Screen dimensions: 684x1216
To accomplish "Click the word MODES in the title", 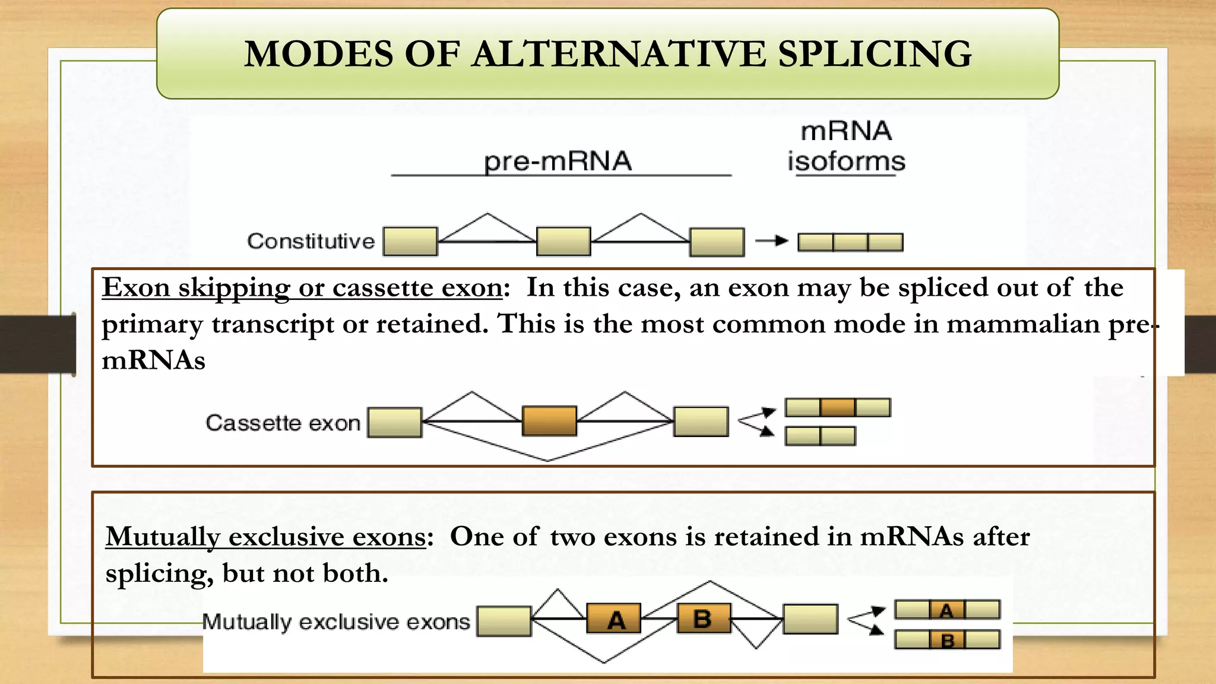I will tap(318, 54).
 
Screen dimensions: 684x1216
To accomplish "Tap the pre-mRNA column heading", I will tap(558, 161).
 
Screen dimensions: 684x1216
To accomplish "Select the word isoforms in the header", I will tap(846, 161).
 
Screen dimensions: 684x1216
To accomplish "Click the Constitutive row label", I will tap(311, 241).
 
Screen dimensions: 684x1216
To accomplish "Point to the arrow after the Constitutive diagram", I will tap(771, 240).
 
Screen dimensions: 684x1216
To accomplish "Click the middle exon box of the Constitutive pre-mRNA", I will tap(563, 241).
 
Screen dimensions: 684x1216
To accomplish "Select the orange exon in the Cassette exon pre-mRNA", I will tap(549, 421).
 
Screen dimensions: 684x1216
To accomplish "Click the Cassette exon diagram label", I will tap(283, 423).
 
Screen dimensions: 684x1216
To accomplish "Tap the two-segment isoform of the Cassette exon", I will tap(820, 436).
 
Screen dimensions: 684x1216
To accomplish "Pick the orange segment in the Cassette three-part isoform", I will tap(837, 407).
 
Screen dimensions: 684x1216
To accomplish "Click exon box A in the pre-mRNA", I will tap(614, 619).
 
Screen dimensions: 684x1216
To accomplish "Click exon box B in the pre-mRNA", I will tap(704, 619).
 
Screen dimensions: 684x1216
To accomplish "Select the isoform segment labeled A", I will tap(947, 610).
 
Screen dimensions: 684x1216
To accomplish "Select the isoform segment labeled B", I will tap(947, 639).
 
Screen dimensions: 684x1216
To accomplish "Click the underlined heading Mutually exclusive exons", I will tap(265, 537).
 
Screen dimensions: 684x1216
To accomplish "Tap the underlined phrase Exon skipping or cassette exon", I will tap(302, 288).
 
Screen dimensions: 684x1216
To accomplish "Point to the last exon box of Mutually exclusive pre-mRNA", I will tap(810, 619).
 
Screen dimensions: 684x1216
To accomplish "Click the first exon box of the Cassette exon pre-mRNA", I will tap(394, 422).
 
